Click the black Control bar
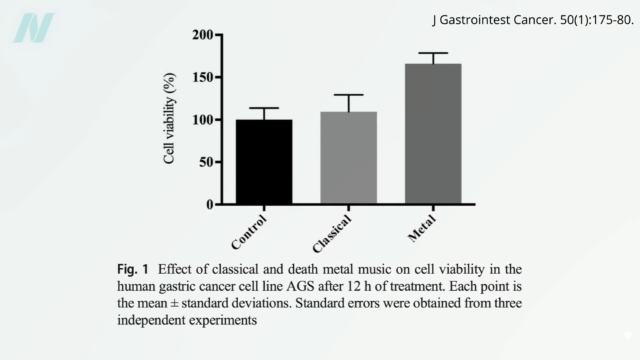tap(264, 162)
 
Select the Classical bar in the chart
tap(349, 158)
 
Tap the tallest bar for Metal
tap(433, 134)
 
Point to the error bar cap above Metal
tap(433, 53)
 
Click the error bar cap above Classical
tap(349, 95)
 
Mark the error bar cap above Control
tap(264, 108)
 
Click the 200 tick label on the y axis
tap(203, 35)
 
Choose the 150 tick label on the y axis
tap(203, 77)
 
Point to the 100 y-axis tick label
tap(203, 120)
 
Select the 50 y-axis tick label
tap(206, 162)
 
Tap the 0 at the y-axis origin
tap(209, 205)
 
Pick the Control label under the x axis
tap(249, 232)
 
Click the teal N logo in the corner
tap(33, 27)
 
